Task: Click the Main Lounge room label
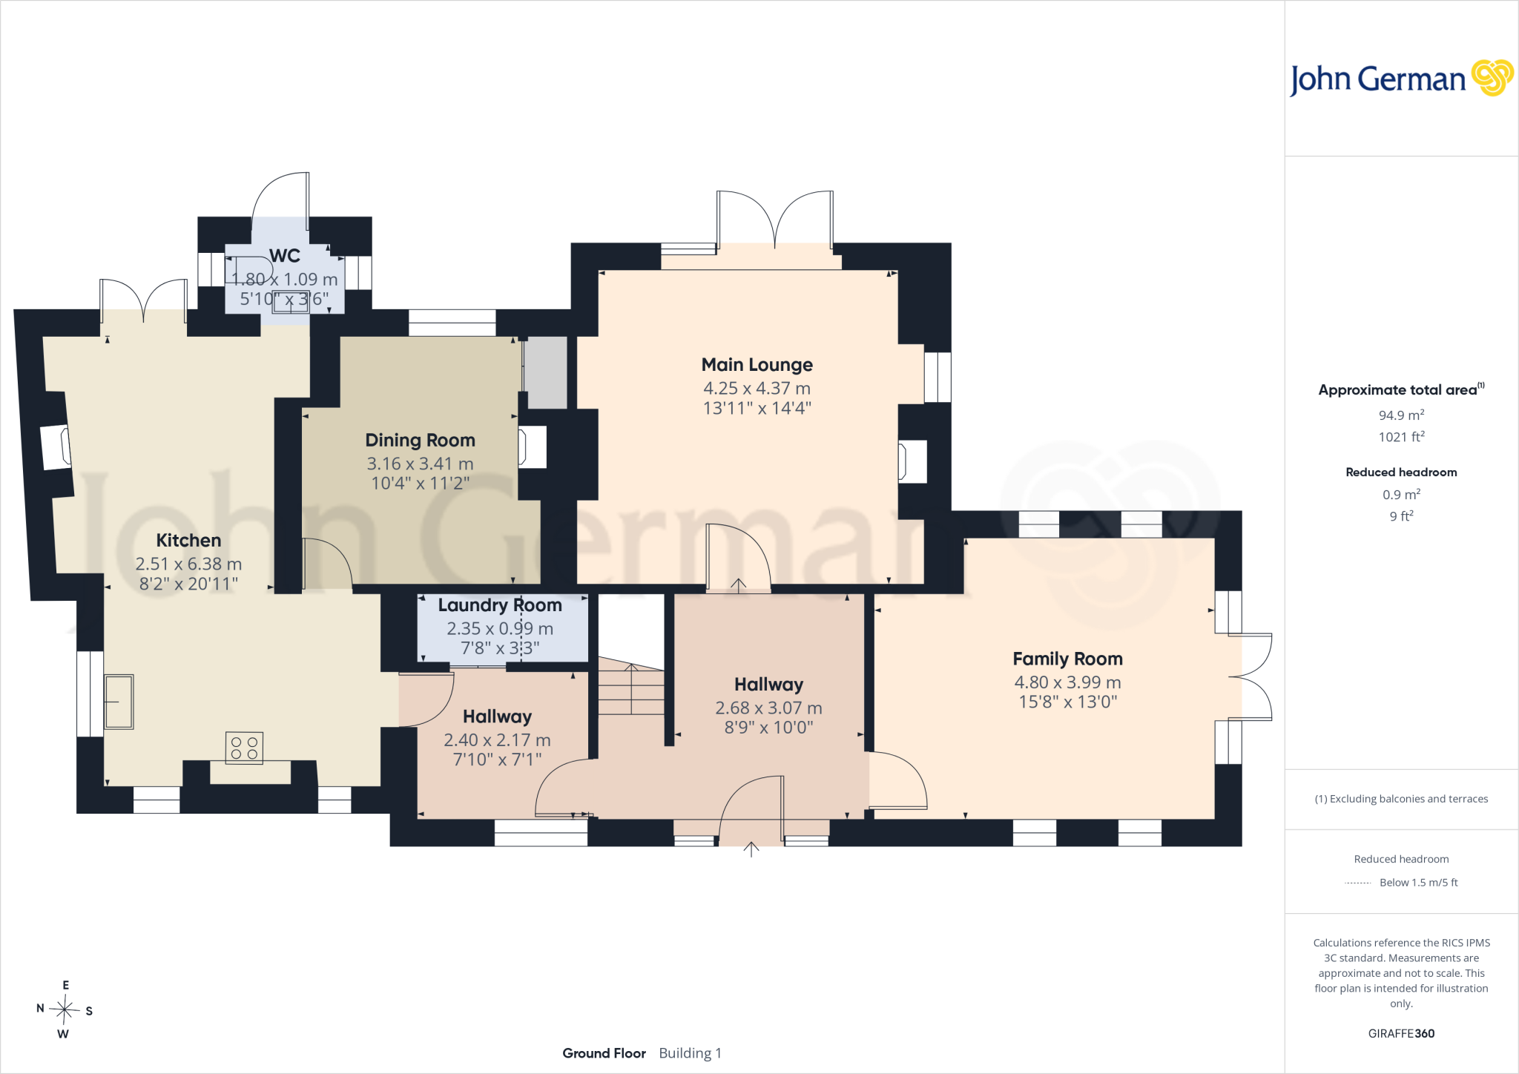[757, 365]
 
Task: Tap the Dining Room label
[420, 441]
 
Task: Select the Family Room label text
[1067, 659]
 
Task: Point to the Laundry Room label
[500, 605]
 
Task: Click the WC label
[285, 256]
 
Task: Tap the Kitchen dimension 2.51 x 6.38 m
[188, 564]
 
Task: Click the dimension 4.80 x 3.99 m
[1067, 682]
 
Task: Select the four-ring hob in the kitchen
[244, 748]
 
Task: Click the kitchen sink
[119, 702]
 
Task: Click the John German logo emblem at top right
[1492, 78]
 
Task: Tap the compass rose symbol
[65, 1009]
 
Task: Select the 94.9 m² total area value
[1401, 415]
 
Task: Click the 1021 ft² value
[1401, 437]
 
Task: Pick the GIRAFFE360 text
[1401, 1033]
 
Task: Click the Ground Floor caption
[604, 1053]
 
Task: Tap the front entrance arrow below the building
[751, 849]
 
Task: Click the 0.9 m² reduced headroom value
[1401, 495]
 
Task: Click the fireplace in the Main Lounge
[912, 461]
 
